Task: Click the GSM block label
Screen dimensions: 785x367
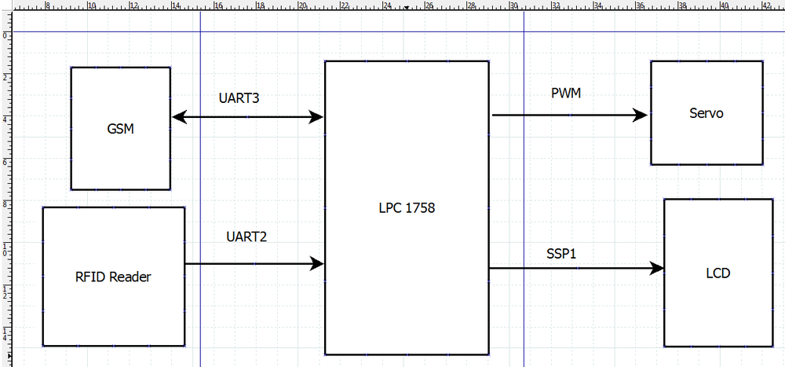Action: click(x=121, y=130)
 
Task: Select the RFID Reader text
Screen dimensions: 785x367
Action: click(x=113, y=277)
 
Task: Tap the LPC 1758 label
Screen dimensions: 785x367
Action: click(x=407, y=208)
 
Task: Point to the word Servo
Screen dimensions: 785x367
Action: click(x=706, y=113)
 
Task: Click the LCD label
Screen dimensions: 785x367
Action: click(x=718, y=273)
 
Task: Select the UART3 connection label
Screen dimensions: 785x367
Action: click(x=239, y=98)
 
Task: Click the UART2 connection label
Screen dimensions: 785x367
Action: click(x=246, y=237)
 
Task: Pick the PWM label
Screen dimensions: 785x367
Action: click(x=566, y=94)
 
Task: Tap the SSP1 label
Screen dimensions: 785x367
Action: click(x=562, y=254)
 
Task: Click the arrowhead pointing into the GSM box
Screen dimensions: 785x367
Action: click(x=179, y=117)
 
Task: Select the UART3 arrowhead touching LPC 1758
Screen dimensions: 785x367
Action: click(x=316, y=117)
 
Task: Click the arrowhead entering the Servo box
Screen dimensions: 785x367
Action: click(x=641, y=116)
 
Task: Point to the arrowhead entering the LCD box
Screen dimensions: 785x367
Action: click(x=656, y=268)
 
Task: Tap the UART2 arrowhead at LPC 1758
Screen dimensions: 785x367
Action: click(x=317, y=263)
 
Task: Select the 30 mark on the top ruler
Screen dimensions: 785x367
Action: click(x=513, y=6)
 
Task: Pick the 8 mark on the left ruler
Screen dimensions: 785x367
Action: click(x=5, y=202)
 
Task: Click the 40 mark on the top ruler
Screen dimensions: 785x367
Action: click(x=725, y=6)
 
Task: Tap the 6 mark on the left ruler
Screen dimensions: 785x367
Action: click(x=5, y=160)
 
